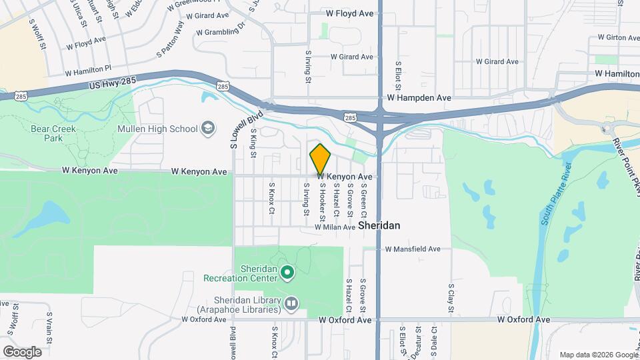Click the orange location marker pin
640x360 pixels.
click(321, 159)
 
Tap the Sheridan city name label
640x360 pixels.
click(379, 226)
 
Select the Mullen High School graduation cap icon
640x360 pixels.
click(209, 128)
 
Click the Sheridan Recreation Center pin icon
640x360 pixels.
click(287, 272)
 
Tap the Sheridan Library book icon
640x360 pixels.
click(291, 304)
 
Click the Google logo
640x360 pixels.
click(22, 352)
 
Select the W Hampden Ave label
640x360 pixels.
click(419, 97)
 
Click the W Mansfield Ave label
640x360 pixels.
click(413, 249)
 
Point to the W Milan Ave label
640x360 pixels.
click(335, 227)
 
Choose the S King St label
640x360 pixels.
click(253, 145)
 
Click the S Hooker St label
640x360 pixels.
click(322, 203)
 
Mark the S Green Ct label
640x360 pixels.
click(364, 204)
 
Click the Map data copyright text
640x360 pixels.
click(598, 355)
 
